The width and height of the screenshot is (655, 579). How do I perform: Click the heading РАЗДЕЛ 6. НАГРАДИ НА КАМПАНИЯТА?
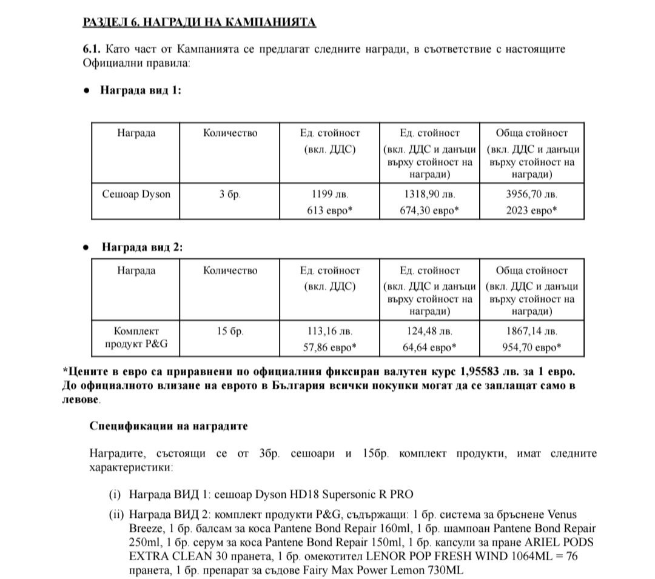tap(199, 23)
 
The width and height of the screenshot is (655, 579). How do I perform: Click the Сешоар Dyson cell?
tap(136, 195)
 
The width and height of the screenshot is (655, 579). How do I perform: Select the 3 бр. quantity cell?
tap(230, 195)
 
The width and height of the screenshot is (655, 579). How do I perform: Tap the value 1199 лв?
tap(329, 195)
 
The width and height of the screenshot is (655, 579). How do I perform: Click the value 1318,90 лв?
tap(429, 195)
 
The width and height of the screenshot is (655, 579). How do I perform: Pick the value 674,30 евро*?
tap(429, 210)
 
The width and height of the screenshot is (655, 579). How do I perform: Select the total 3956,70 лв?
tap(531, 195)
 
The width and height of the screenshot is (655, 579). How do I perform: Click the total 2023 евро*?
tap(531, 210)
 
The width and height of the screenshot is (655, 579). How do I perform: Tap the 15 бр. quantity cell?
tap(230, 332)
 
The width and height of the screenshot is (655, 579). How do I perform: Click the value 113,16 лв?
tap(329, 332)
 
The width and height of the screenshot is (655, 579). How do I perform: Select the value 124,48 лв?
tap(429, 332)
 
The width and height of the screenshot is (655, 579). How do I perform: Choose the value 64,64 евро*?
tap(429, 347)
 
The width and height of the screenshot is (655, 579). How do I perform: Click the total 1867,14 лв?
tap(531, 332)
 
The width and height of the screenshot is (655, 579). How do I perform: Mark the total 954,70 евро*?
tap(531, 347)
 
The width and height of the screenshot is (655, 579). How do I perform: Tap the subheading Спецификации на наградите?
tap(169, 426)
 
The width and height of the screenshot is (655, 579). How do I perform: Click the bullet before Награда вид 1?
tap(87, 90)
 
